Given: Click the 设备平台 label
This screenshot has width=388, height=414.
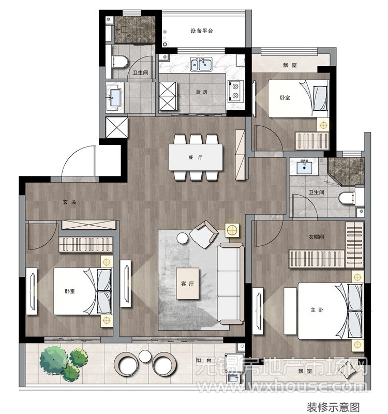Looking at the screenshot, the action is (201, 31).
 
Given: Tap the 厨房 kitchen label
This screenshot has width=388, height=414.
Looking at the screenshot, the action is (202, 92).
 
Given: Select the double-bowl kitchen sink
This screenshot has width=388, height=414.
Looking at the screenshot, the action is (201, 64).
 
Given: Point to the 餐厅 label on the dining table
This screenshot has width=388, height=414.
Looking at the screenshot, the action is (196, 157).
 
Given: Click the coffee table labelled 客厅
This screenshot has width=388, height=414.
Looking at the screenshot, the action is (188, 284).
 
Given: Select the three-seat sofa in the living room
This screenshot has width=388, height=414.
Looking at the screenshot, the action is (230, 284).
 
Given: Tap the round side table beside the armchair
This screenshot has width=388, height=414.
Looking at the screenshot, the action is (183, 238).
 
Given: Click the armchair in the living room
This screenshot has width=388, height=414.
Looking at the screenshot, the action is (203, 234).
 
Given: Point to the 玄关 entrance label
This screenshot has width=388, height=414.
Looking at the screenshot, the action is (69, 202).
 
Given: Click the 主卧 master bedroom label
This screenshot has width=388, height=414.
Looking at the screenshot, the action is (317, 309).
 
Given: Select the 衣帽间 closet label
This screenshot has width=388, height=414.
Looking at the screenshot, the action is (316, 237).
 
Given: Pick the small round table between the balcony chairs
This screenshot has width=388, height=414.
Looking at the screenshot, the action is (145, 356).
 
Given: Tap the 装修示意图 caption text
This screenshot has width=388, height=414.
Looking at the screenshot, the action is (333, 407).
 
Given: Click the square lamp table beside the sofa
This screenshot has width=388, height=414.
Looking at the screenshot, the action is (232, 230).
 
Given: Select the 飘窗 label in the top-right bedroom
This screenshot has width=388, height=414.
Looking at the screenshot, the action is (290, 65).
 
